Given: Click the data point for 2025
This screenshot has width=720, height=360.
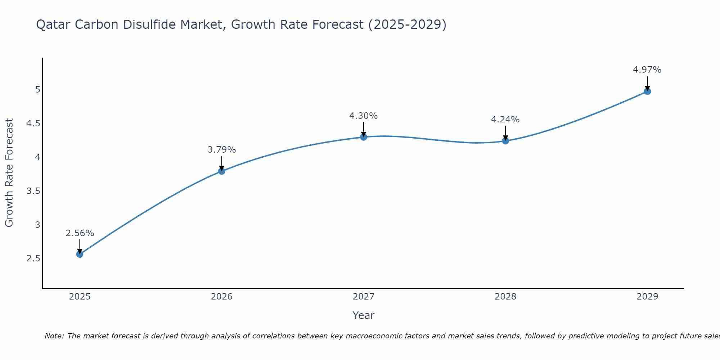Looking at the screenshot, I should (x=80, y=254).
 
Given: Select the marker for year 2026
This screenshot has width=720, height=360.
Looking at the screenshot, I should (x=221, y=171).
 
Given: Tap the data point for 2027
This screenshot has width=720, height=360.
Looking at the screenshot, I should (x=363, y=137).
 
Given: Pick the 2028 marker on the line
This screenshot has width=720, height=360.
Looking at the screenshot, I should (x=505, y=141).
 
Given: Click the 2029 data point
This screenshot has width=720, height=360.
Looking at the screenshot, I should (x=647, y=91).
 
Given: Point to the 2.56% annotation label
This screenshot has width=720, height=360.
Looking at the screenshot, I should (x=80, y=233).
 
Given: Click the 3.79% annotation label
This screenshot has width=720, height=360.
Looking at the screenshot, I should (x=221, y=150).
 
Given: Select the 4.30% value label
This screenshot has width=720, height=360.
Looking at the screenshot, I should (x=363, y=116).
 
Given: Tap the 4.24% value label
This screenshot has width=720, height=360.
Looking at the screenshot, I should (x=505, y=120).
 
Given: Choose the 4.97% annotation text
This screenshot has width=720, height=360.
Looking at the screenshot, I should (x=647, y=70).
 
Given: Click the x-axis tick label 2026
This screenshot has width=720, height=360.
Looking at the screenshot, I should (x=221, y=297).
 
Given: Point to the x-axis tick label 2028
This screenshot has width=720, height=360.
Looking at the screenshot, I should (x=505, y=297).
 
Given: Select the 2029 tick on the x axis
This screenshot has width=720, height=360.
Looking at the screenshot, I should (x=647, y=297).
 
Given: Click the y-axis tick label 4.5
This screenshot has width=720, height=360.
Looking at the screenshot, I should (x=33, y=123).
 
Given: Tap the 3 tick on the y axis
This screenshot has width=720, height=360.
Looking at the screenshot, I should (x=37, y=225).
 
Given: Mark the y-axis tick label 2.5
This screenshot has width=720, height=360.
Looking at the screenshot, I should (x=33, y=258).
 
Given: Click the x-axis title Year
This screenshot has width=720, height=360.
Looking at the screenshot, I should (x=363, y=315).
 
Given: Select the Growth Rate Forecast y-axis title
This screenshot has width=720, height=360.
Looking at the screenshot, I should (x=9, y=173).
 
